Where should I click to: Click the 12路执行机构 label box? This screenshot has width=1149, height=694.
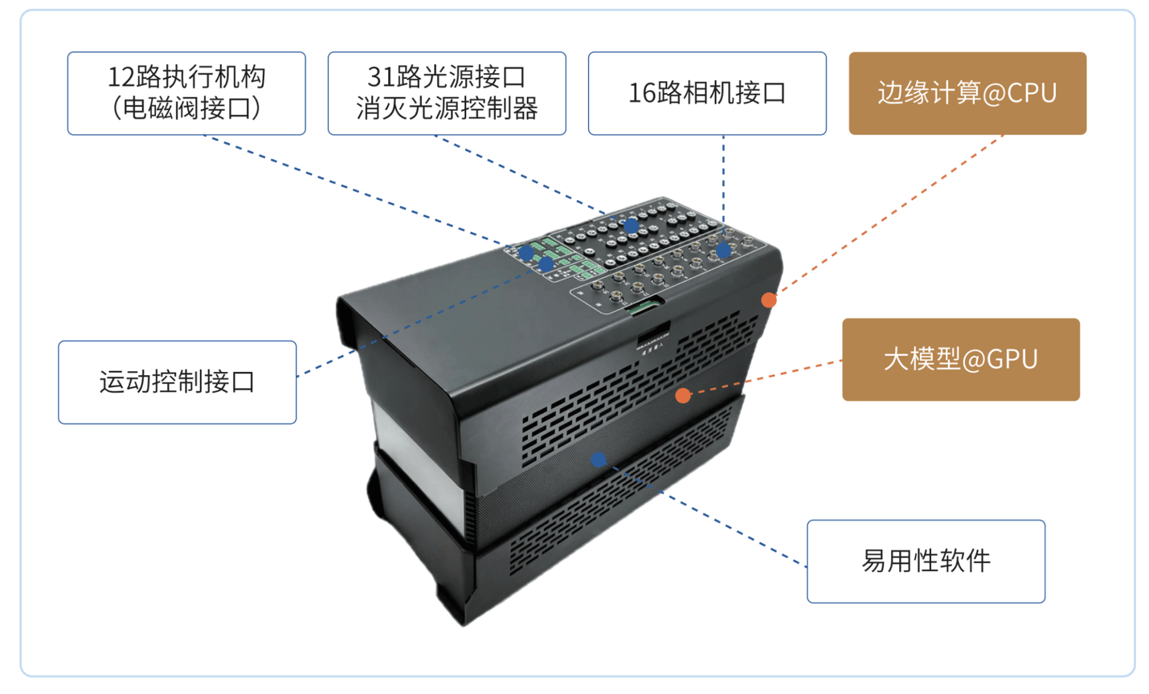(x=186, y=93)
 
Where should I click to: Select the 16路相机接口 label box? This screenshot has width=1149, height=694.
(x=707, y=93)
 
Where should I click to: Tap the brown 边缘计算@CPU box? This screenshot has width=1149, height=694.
(x=967, y=93)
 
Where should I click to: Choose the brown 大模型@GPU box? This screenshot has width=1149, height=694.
(x=960, y=359)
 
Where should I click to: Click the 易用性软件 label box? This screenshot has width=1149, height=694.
(x=926, y=561)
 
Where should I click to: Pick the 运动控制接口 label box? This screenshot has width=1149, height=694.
(x=177, y=382)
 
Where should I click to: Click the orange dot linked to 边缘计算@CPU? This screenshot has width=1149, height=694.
(x=769, y=300)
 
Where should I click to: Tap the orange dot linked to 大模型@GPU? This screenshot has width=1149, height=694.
(x=683, y=394)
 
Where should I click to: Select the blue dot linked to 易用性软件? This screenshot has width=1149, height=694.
(x=599, y=459)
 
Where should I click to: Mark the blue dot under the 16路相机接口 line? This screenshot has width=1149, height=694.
(x=723, y=251)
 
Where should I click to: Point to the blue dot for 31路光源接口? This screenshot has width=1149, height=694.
(x=632, y=226)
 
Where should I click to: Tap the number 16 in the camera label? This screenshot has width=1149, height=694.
(x=641, y=93)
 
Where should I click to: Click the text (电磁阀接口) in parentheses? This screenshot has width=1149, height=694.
(x=186, y=108)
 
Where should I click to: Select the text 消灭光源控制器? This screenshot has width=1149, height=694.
(x=447, y=108)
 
